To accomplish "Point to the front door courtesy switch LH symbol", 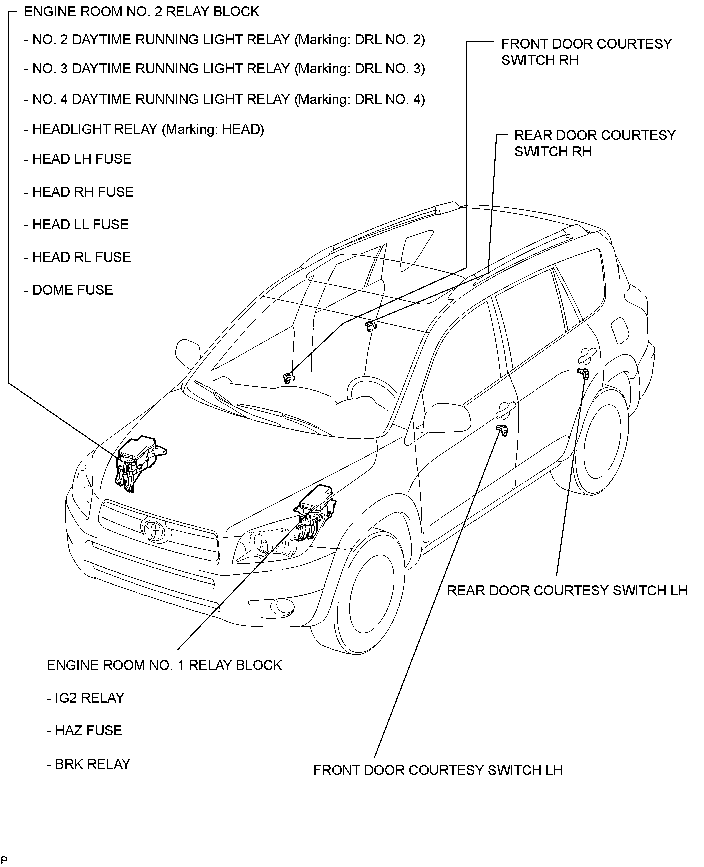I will tap(502, 429).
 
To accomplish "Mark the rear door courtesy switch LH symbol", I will tap(583, 373).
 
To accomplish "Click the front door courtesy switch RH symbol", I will tap(288, 378).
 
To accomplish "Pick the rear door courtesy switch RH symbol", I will tap(370, 326).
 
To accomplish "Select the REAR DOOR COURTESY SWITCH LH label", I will tap(567, 590).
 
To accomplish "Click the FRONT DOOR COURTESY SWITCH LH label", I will tap(438, 770).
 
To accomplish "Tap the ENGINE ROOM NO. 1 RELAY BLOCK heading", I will tap(164, 665).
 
